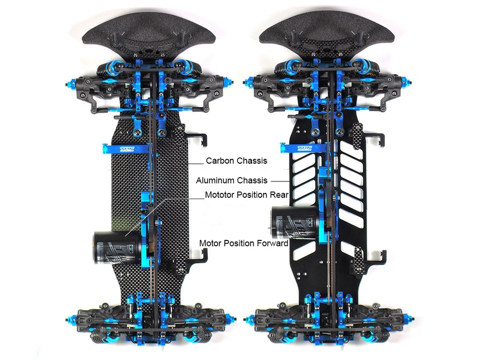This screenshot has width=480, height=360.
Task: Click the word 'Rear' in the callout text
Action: [x=279, y=195]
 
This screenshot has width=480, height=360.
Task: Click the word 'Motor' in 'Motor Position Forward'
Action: [x=210, y=244]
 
